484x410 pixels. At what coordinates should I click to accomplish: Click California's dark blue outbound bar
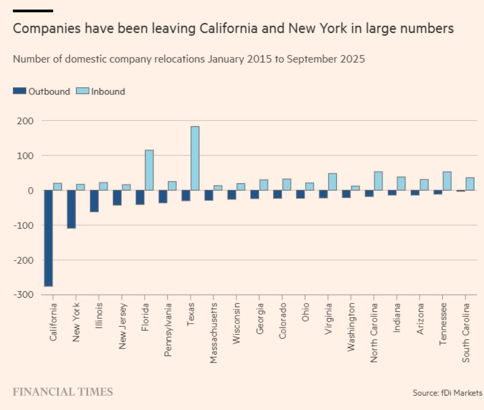[x=48, y=238]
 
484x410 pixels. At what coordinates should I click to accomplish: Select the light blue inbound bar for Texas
[x=195, y=158]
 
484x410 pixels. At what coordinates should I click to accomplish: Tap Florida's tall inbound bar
[x=149, y=170]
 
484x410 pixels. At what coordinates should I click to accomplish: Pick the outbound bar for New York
[x=71, y=209]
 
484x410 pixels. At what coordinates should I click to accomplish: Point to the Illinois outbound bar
[x=94, y=201]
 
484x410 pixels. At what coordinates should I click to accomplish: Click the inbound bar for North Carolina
[x=378, y=181]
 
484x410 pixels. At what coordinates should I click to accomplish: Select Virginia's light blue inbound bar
[x=332, y=182]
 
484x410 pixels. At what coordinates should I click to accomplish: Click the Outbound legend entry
[x=41, y=91]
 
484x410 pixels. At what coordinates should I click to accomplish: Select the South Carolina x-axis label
[x=466, y=332]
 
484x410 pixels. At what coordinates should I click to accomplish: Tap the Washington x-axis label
[x=352, y=326]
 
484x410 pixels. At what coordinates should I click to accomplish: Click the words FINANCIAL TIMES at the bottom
[x=63, y=392]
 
